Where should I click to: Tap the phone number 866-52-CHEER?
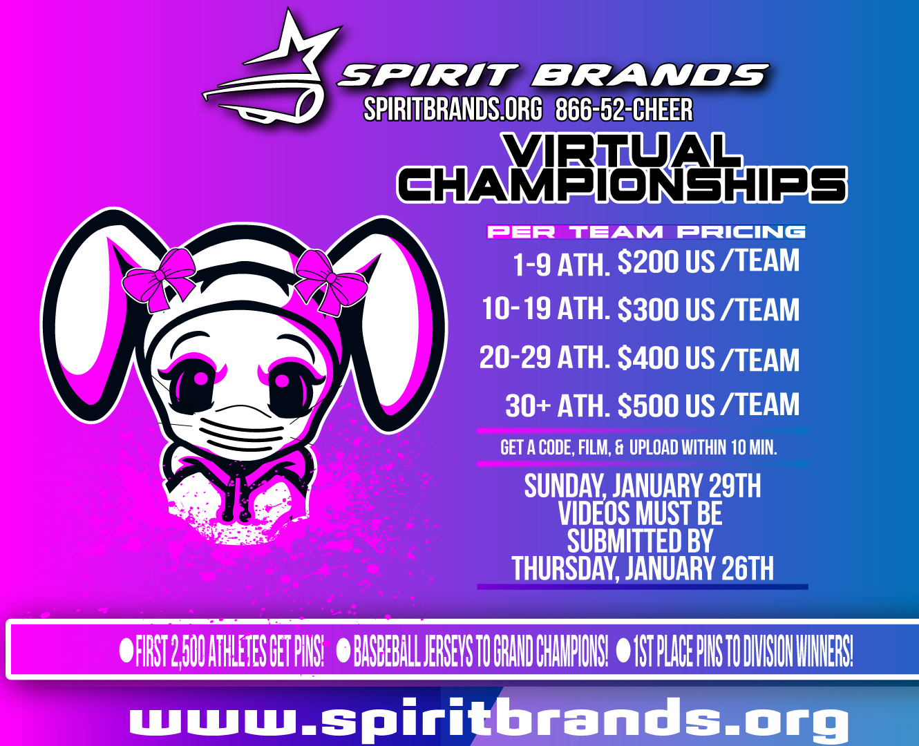coord(624,110)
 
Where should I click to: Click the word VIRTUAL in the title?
coord(621,150)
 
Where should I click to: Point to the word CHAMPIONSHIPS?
coord(622,184)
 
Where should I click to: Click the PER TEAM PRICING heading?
coord(646,232)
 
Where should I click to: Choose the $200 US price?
coord(665,262)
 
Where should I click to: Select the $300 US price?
coord(665,309)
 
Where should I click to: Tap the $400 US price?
coord(665,358)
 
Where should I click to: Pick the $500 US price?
coord(665,405)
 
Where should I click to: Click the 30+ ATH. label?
coord(558,405)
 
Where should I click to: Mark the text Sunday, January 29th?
coord(643,486)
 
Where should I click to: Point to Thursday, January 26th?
coord(643,568)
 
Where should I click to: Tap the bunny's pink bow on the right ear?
coord(330,283)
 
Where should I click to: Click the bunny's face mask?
coord(244,431)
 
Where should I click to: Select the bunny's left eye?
coord(196,384)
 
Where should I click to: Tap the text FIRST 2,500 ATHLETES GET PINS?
coord(229,651)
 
